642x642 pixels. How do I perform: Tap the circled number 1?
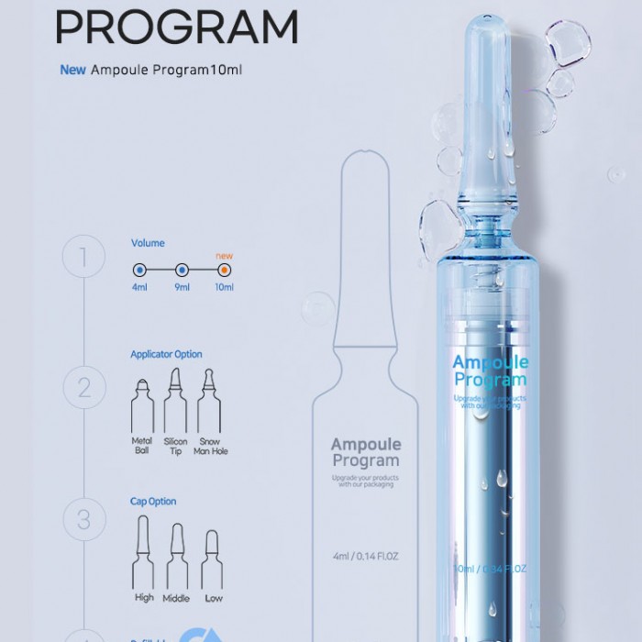85,257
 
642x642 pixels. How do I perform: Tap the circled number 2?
85,387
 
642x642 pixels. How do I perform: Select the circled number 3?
85,519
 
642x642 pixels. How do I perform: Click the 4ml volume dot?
139,271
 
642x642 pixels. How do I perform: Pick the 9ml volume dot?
183,271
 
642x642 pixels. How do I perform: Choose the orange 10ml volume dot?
225,271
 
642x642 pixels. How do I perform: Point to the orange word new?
224,255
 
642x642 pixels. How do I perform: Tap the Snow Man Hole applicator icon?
210,399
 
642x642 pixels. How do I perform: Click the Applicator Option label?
166,354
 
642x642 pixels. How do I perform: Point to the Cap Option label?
153,502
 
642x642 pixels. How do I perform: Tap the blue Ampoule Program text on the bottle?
490,371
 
